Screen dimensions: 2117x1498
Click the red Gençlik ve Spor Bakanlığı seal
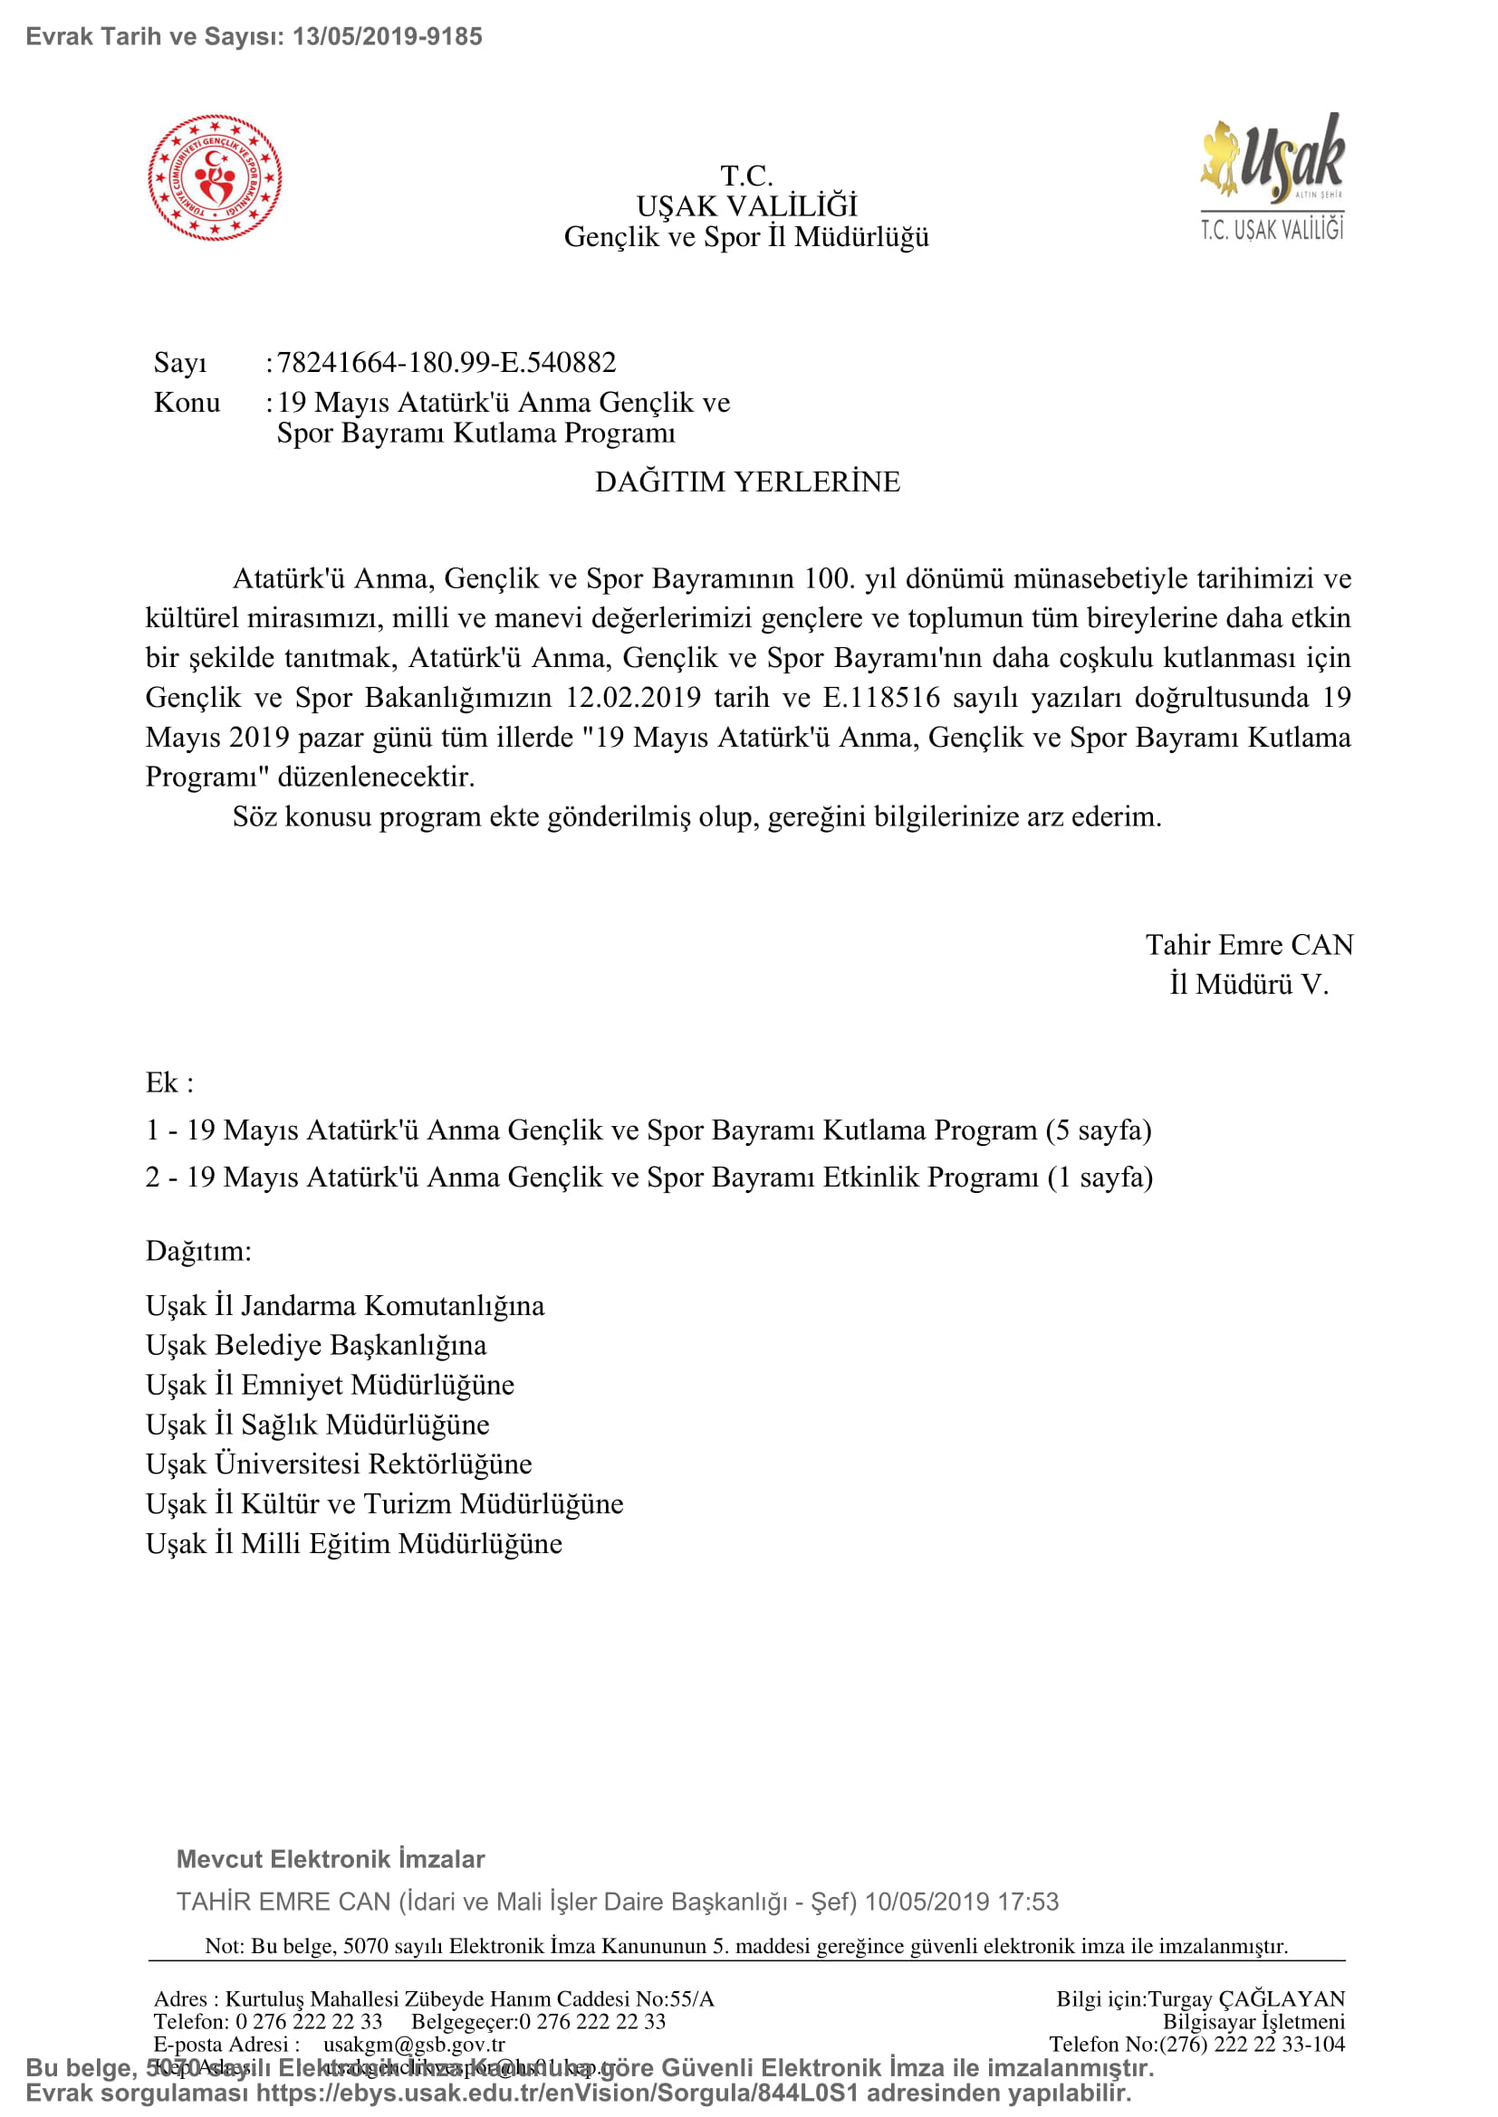(x=215, y=178)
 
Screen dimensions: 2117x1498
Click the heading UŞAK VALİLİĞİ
(x=746, y=205)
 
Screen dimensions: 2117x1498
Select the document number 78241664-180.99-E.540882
(x=447, y=362)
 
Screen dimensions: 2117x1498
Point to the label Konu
(x=187, y=402)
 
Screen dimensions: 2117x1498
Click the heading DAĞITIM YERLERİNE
(x=747, y=482)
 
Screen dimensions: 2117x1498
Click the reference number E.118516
(x=881, y=697)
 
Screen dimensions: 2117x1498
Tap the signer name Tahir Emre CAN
(x=1249, y=944)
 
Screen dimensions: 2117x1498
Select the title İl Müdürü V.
(x=1249, y=984)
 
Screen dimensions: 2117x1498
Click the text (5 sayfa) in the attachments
(x=1099, y=1130)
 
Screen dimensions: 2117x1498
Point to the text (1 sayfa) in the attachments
(x=1100, y=1177)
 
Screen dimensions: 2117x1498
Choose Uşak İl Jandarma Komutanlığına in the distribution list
(x=345, y=1305)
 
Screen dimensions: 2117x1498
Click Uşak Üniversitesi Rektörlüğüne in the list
(x=339, y=1464)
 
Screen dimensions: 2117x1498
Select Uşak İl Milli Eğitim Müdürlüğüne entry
(x=354, y=1542)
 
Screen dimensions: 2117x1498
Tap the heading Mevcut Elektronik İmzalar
(x=331, y=1859)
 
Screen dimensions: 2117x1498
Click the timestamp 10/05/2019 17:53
(x=961, y=1902)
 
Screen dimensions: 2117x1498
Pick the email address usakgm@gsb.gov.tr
(x=414, y=2044)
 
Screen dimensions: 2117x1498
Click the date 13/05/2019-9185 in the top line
(x=388, y=37)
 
